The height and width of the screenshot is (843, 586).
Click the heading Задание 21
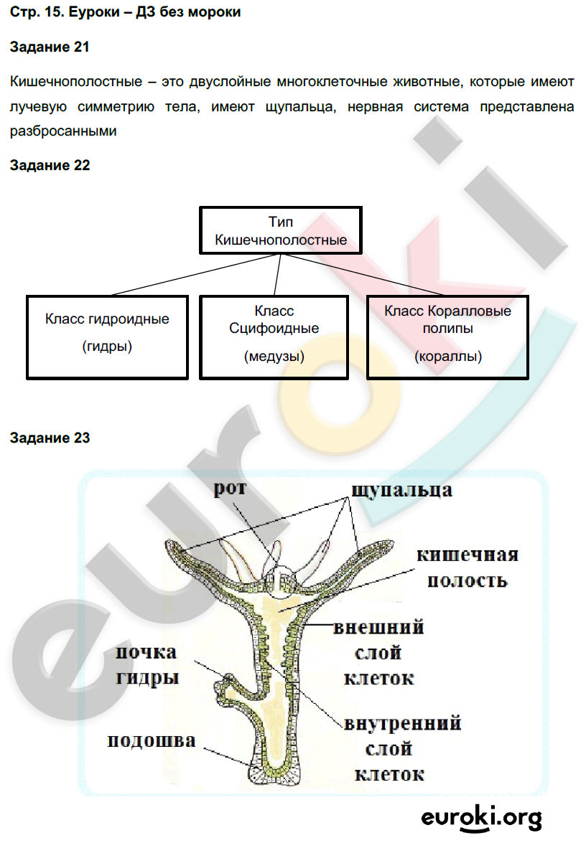(50, 47)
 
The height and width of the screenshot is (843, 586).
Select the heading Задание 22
(50, 165)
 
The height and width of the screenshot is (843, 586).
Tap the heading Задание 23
(50, 437)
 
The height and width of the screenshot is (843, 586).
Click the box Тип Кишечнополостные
(281, 231)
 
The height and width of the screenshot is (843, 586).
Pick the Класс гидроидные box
(107, 335)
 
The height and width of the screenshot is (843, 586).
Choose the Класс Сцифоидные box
(274, 335)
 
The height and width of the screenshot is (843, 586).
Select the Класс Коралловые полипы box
(447, 335)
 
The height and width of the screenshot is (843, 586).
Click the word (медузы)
(274, 356)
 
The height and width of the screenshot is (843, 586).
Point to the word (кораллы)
(448, 356)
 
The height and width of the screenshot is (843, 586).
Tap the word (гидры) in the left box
(108, 347)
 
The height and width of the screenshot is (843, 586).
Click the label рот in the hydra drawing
(230, 489)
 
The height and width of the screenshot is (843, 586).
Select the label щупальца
(401, 490)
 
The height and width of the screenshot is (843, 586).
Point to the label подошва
(151, 740)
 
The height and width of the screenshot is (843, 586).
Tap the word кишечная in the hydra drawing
(468, 555)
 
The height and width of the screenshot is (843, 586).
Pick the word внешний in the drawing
(378, 628)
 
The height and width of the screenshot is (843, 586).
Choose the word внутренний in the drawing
(402, 722)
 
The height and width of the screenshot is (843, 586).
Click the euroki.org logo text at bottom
(481, 816)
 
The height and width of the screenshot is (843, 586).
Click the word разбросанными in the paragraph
(63, 131)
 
